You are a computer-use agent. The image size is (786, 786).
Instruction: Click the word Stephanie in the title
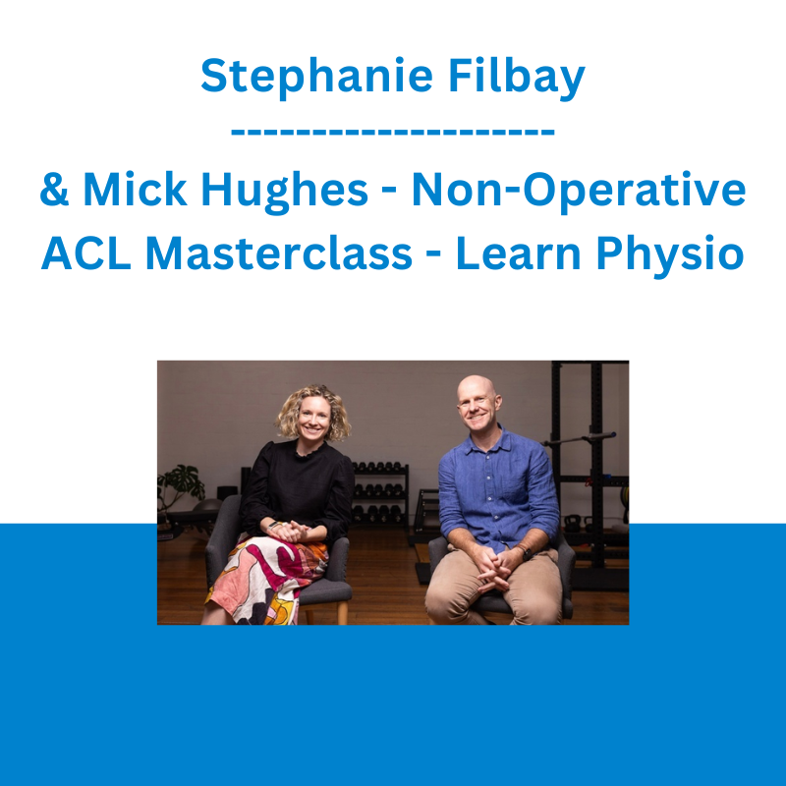[316, 77]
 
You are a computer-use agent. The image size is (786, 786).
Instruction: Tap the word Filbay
[517, 77]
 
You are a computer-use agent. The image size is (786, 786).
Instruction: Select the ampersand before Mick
[54, 190]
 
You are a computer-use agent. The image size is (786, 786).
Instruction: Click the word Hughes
[284, 191]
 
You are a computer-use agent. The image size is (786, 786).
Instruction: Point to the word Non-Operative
[579, 191]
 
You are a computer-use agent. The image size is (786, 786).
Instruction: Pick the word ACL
[85, 253]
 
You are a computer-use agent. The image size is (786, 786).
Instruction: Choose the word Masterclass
[279, 253]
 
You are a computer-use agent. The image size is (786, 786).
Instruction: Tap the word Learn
[519, 253]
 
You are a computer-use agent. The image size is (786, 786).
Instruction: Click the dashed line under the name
[392, 133]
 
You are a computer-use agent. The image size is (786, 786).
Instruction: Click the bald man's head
[477, 401]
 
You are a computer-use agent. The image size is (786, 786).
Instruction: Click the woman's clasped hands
[290, 531]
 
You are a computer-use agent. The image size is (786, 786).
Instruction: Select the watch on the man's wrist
[527, 553]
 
